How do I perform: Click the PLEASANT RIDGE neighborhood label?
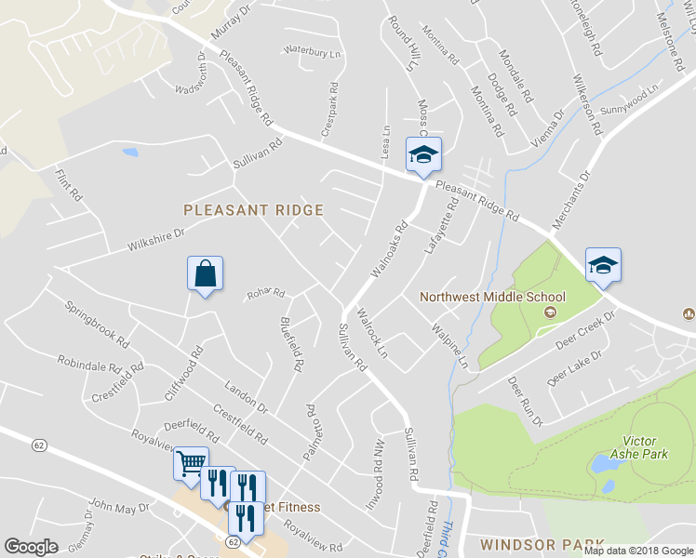coord(253,210)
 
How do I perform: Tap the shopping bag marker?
coord(204,274)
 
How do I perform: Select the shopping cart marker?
coord(191,463)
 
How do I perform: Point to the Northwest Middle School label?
coord(479,299)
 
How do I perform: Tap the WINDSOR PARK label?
coord(542,543)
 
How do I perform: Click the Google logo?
coord(31,547)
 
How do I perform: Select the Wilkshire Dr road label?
coord(155,240)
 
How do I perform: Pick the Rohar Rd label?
coord(264,295)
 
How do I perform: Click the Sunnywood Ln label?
coord(629,98)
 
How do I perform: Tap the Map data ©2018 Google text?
coord(638,550)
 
